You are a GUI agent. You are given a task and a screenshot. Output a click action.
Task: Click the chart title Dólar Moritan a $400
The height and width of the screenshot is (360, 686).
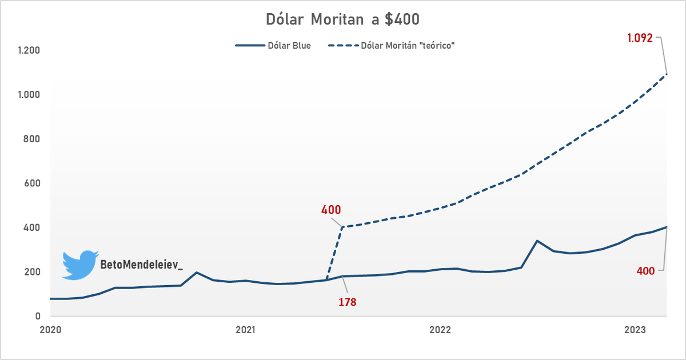pos(343,19)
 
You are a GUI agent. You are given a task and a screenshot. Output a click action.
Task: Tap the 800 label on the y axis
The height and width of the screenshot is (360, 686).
pos(32,139)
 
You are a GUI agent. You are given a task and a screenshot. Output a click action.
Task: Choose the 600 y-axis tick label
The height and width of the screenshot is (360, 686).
pos(32,183)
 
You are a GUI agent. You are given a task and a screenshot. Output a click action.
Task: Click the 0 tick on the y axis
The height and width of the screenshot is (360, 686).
pos(38,316)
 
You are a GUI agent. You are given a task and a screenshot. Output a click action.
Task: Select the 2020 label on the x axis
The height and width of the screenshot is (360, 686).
pos(51,330)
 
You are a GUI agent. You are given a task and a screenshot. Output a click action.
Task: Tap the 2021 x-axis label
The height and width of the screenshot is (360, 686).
pos(245,330)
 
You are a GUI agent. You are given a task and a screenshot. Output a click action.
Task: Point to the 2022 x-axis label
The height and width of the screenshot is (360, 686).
pos(440,330)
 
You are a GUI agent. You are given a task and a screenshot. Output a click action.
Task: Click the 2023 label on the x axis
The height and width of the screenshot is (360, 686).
pos(635,330)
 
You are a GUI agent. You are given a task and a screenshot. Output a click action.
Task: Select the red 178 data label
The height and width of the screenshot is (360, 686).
pos(346,302)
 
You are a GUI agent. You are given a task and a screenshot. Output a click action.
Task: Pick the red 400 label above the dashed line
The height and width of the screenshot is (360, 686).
pos(331,210)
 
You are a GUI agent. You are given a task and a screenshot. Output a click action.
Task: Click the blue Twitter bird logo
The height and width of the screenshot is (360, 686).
pos(80,265)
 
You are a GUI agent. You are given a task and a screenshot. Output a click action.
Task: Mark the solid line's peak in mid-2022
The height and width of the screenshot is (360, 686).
pos(537,241)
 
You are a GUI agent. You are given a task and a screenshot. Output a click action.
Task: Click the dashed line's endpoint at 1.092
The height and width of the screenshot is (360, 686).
pos(667,74)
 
